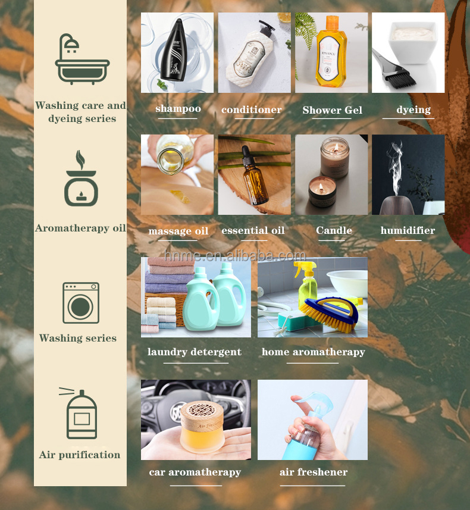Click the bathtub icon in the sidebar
point(82,60)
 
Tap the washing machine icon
point(80,303)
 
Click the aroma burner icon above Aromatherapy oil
point(80,181)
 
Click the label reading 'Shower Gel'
point(332,110)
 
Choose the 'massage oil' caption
point(178,231)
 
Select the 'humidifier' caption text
point(408,230)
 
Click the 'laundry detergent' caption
point(195,352)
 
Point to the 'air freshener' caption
point(313,473)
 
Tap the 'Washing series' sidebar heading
point(78,338)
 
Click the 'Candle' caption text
point(334,230)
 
